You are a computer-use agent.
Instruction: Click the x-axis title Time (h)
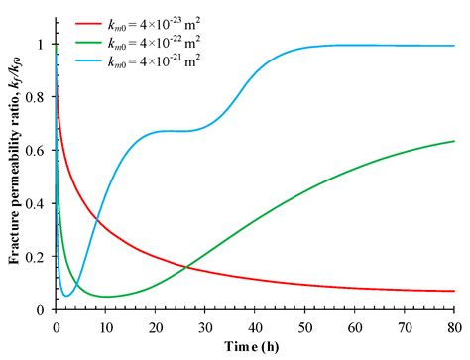coord(255,346)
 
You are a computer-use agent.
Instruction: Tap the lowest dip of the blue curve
coord(66,296)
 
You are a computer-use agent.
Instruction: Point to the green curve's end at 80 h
coord(454,141)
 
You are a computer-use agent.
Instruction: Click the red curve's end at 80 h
coord(454,291)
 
